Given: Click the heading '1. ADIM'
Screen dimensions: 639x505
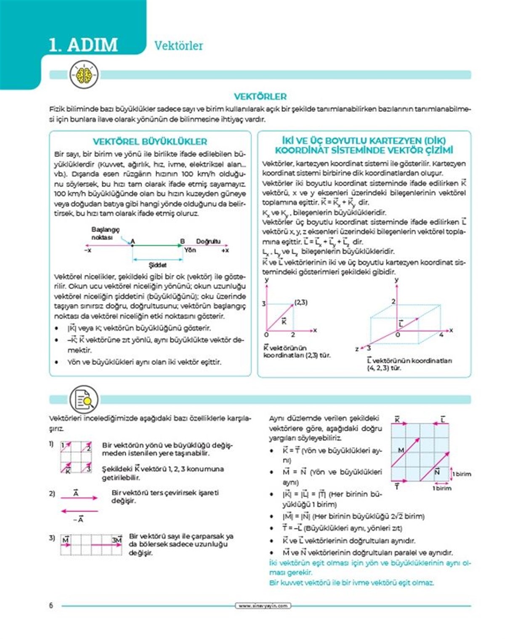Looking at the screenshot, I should pyautogui.click(x=83, y=45).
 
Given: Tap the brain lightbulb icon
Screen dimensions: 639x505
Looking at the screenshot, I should pyautogui.click(x=84, y=75).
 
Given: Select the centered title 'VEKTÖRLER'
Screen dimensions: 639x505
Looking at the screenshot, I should pyautogui.click(x=260, y=96).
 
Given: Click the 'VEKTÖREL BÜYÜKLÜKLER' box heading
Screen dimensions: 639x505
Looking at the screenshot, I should pyautogui.click(x=150, y=141).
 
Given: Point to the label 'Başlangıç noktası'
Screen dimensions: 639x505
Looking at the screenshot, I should pyautogui.click(x=105, y=233).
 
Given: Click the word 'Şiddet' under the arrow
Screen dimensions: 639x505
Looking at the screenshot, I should pyautogui.click(x=157, y=265).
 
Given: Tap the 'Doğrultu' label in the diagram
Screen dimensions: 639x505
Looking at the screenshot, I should pyautogui.click(x=208, y=241).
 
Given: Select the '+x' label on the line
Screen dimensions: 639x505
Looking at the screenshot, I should pyautogui.click(x=225, y=250).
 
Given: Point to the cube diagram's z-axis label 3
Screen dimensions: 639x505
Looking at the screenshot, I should pyautogui.click(x=369, y=348).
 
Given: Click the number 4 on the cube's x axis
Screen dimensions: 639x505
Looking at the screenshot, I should pyautogui.click(x=441, y=335).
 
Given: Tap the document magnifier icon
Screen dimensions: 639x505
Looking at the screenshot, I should pyautogui.click(x=84, y=399).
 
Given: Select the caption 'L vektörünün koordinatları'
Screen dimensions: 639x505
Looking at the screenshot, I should pyautogui.click(x=409, y=361).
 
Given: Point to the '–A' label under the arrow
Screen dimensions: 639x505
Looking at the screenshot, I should pyautogui.click(x=78, y=520).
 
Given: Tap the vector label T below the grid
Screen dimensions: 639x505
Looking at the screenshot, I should pyautogui.click(x=397, y=486).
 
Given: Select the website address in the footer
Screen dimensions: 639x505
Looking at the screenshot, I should pyautogui.click(x=263, y=606).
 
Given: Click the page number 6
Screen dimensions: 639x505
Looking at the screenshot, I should pyautogui.click(x=51, y=606).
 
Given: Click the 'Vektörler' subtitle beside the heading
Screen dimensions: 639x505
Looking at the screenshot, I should pyautogui.click(x=178, y=45).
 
